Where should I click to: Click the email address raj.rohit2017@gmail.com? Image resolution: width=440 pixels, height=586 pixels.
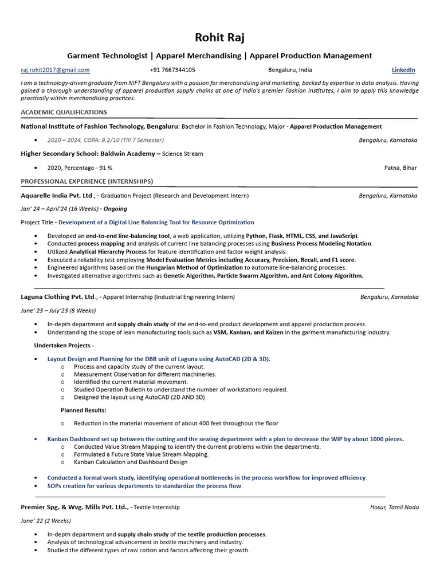(55, 70)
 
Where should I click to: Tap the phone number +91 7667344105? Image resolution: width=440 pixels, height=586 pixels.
(172, 70)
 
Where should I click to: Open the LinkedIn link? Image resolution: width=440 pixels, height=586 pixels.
(403, 70)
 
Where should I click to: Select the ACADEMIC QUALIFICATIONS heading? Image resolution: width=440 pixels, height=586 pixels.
(64, 112)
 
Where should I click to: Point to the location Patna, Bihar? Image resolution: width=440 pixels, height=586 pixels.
(400, 168)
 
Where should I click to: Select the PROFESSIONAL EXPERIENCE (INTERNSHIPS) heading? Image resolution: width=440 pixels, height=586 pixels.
(87, 181)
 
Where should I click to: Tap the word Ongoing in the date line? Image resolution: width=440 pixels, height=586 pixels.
(116, 209)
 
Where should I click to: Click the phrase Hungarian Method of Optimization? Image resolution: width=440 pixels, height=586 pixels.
(193, 267)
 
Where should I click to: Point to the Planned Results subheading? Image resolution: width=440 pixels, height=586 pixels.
(83, 410)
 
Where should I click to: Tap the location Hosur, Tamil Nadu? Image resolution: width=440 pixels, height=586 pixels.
(394, 507)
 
